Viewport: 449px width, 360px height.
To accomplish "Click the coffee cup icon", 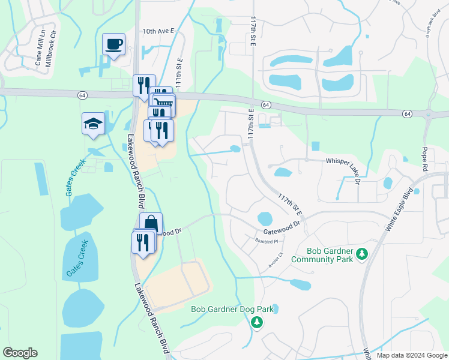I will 113,44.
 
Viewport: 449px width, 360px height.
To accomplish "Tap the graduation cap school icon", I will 94,124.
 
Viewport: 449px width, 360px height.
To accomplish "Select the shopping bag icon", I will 151,223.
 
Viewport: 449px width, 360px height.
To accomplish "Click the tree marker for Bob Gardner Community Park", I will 362,254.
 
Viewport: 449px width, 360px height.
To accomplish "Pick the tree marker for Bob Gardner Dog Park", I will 257,322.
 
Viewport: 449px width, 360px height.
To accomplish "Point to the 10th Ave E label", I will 158,31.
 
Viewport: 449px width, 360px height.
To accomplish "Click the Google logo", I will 20,353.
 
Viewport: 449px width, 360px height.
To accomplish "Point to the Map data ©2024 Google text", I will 411,355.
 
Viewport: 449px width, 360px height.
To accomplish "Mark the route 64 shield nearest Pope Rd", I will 407,114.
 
